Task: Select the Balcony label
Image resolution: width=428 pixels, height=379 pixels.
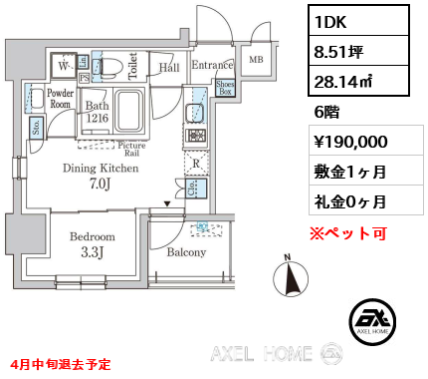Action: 186,252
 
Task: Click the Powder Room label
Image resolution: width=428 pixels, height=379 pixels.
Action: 59,97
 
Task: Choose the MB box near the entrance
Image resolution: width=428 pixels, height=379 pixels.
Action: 255,59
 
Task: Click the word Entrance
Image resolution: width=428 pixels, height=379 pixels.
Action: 210,66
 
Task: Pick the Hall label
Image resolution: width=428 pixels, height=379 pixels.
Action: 168,67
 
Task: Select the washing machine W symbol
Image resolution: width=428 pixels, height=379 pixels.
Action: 63,67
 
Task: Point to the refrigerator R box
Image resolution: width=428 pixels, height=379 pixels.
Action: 196,160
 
